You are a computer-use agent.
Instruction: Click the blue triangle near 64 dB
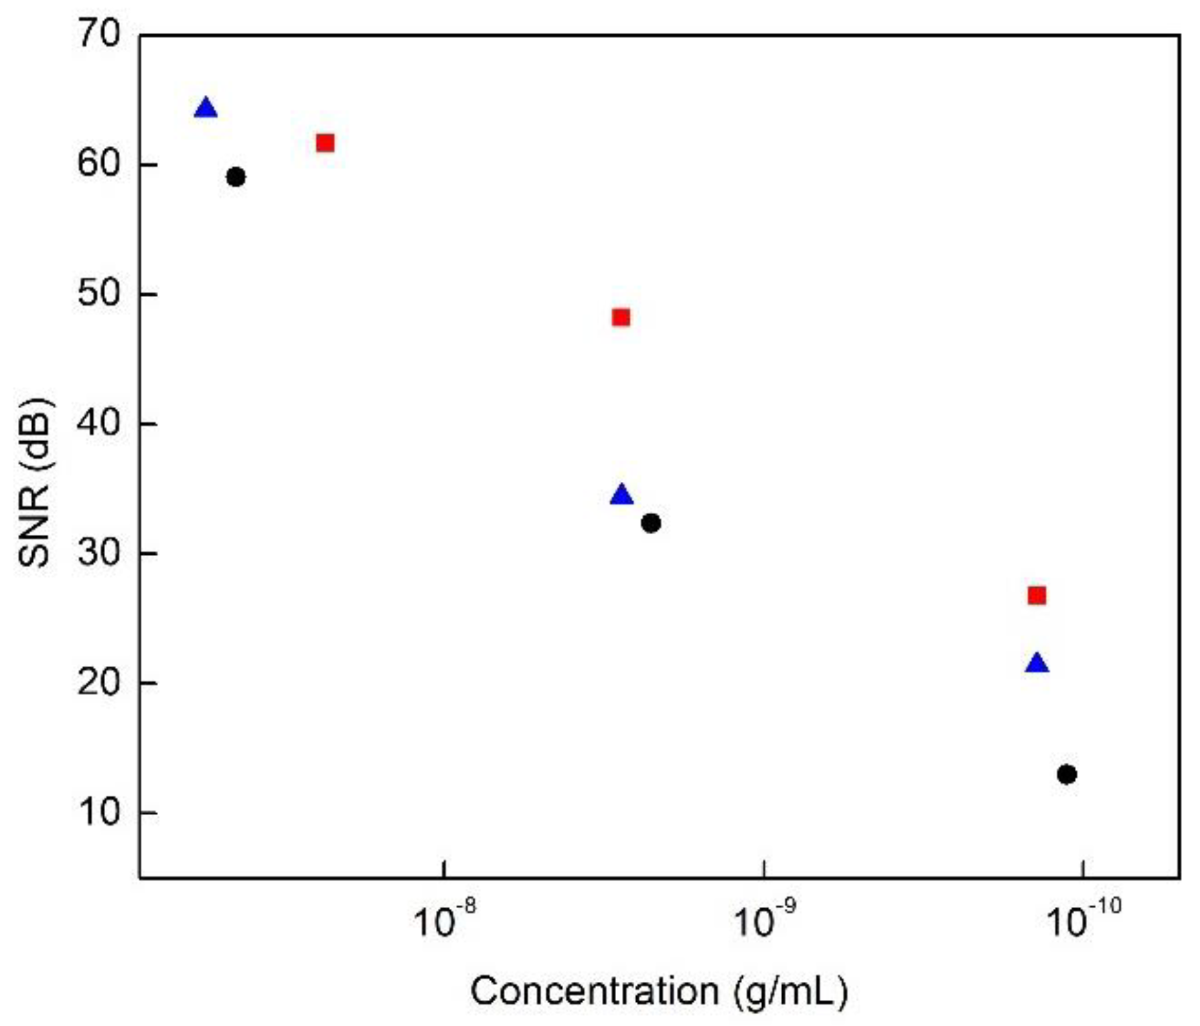206,108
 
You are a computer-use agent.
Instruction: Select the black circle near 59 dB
236,177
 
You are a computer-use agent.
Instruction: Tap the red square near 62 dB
325,143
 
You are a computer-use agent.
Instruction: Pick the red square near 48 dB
621,317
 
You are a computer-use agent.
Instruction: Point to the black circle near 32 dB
651,523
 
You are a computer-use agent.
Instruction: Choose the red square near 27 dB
1037,596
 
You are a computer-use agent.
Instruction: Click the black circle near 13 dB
1067,774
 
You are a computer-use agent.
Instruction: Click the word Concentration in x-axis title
594,991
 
